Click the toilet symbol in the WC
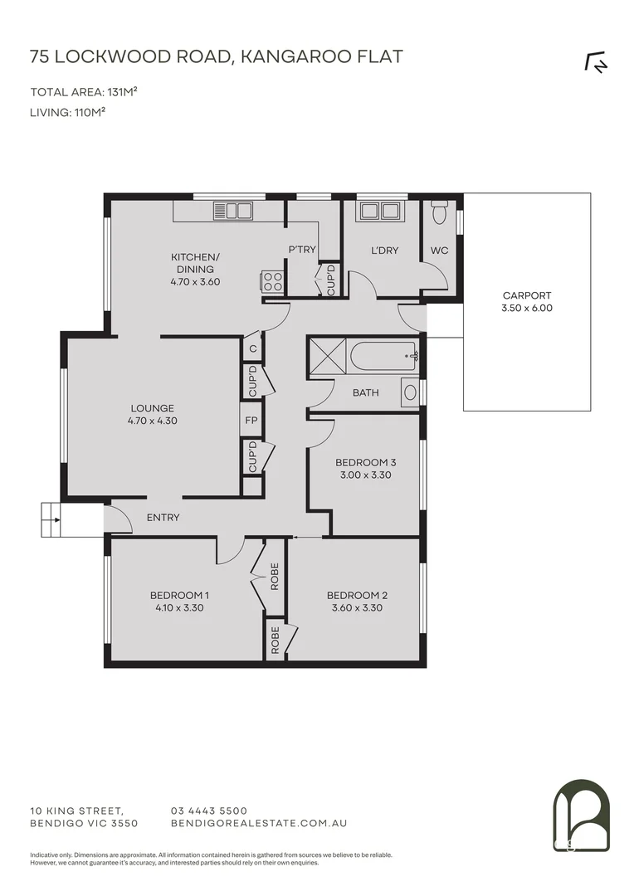pos(441,216)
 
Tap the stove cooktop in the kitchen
pos(273,282)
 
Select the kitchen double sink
pos(232,211)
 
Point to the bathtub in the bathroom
pos(383,358)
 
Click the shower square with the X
pos(327,358)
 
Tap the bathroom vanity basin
pos(410,392)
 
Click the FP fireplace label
pos(251,420)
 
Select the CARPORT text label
pos(526,295)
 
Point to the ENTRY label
pos(163,518)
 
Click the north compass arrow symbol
pos(596,63)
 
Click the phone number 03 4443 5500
pos(208,811)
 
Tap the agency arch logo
pos(581,816)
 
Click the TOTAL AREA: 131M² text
pos(84,92)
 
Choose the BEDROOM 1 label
pos(178,595)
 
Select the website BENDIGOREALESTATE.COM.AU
pos(258,823)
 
